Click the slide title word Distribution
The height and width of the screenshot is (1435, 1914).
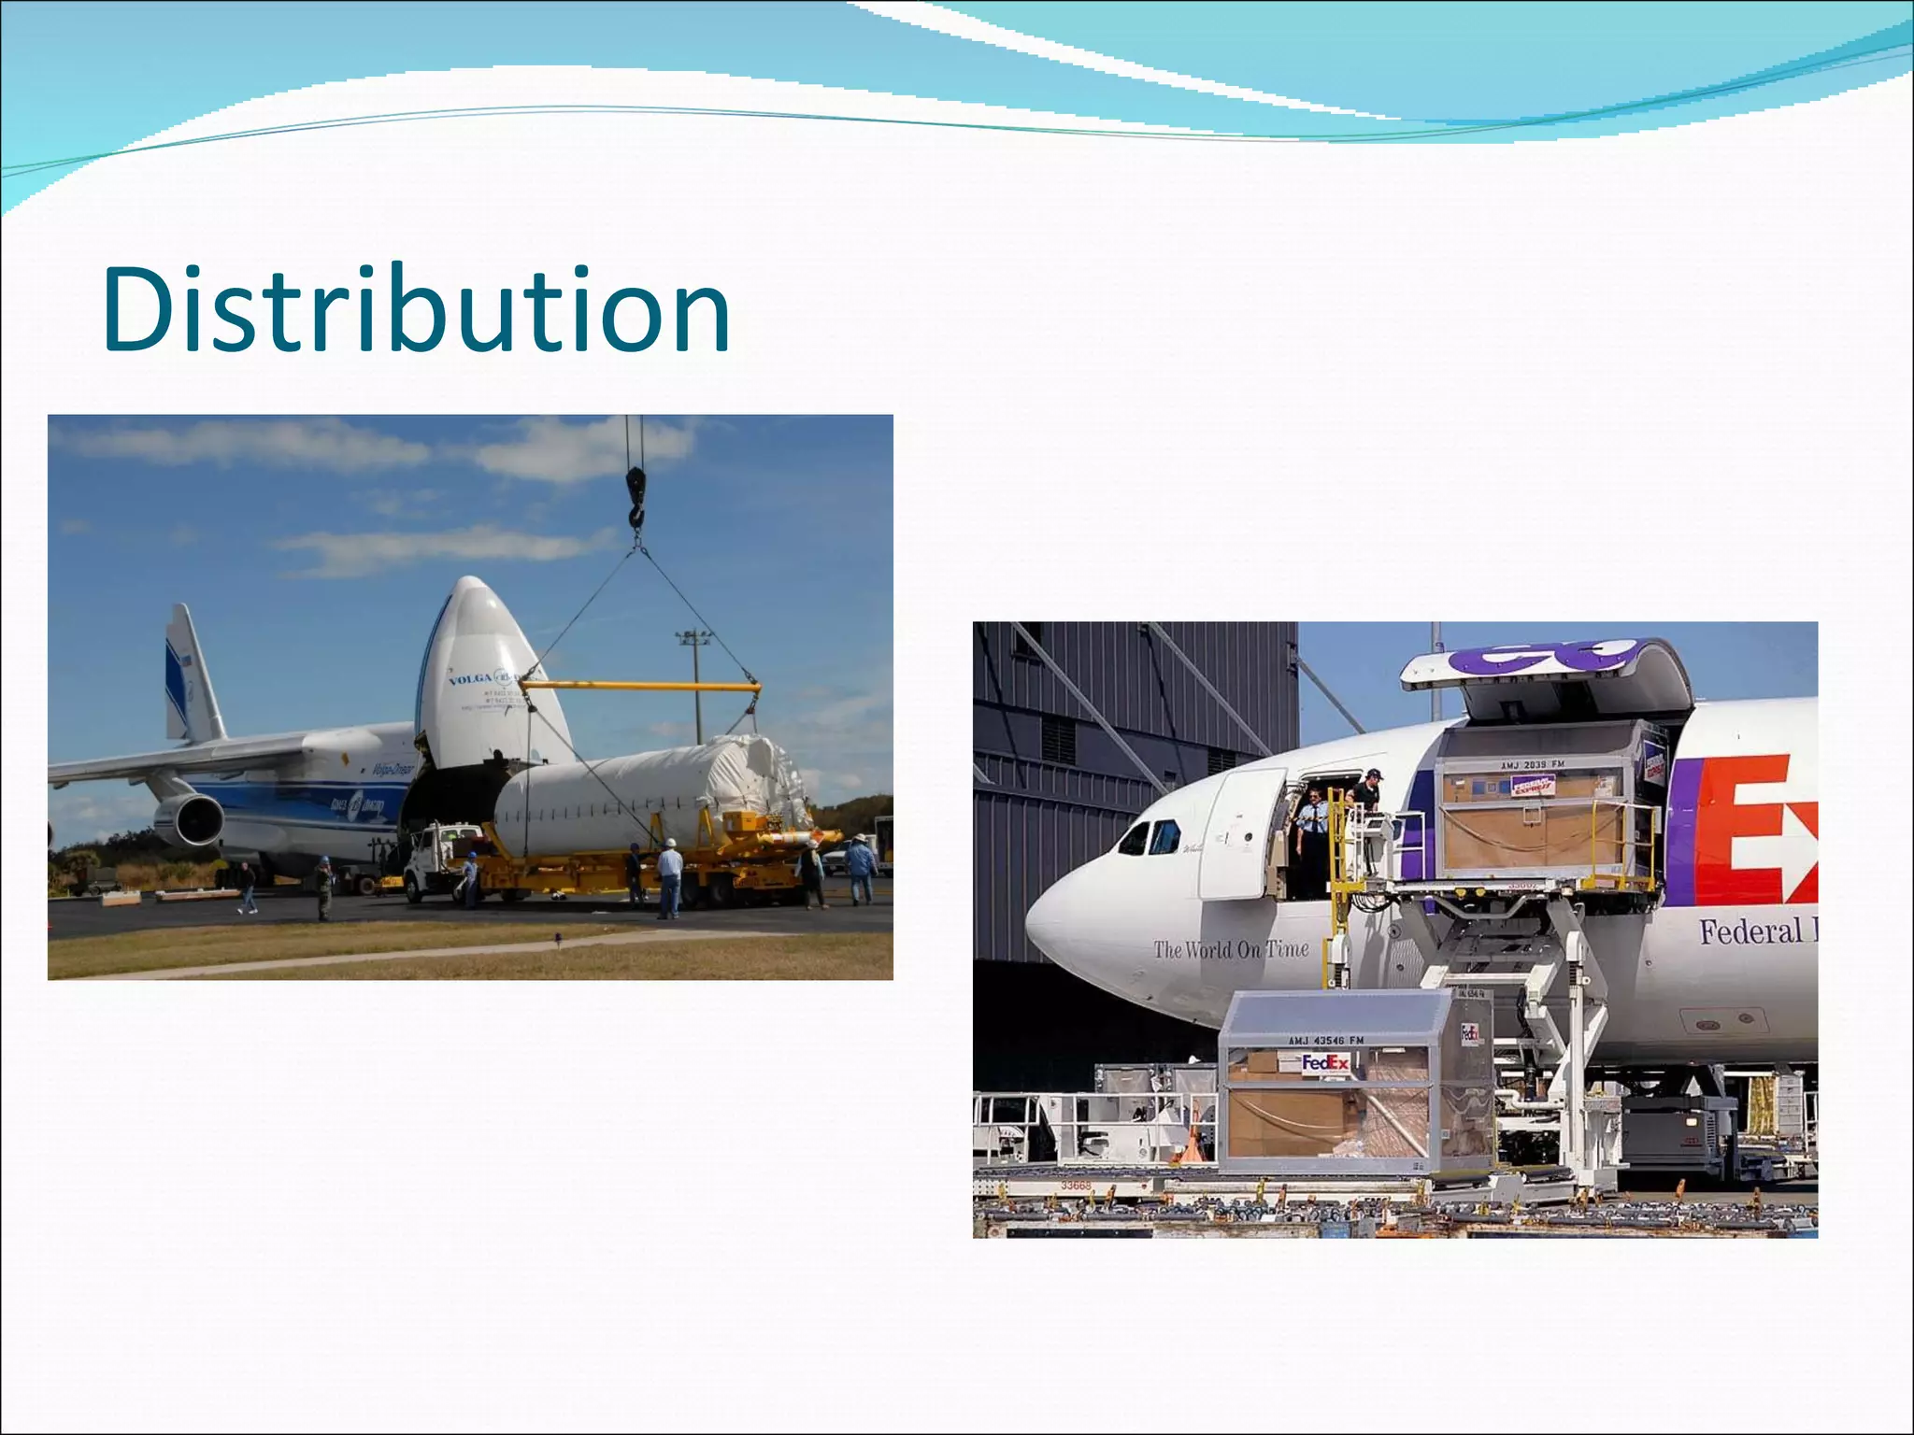pos(416,310)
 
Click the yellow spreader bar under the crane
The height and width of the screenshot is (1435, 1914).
pos(645,687)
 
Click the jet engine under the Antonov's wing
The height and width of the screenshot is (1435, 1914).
pos(191,818)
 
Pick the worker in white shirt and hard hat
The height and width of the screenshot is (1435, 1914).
pos(668,878)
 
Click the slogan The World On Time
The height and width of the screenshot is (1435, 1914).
pos(1230,949)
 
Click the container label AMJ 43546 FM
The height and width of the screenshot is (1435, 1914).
pos(1325,1040)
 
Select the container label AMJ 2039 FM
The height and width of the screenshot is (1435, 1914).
pos(1532,765)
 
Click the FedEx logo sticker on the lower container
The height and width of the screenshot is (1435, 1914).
pos(1325,1063)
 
